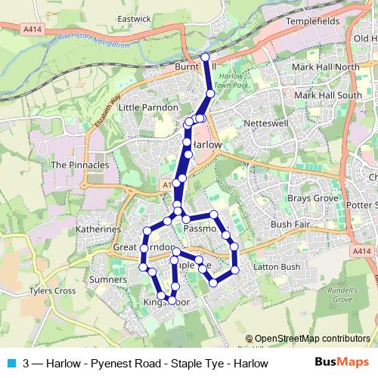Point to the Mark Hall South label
[x=328, y=95]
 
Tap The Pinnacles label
[x=79, y=164]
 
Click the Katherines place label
[x=98, y=228]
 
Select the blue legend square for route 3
[x=10, y=363]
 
